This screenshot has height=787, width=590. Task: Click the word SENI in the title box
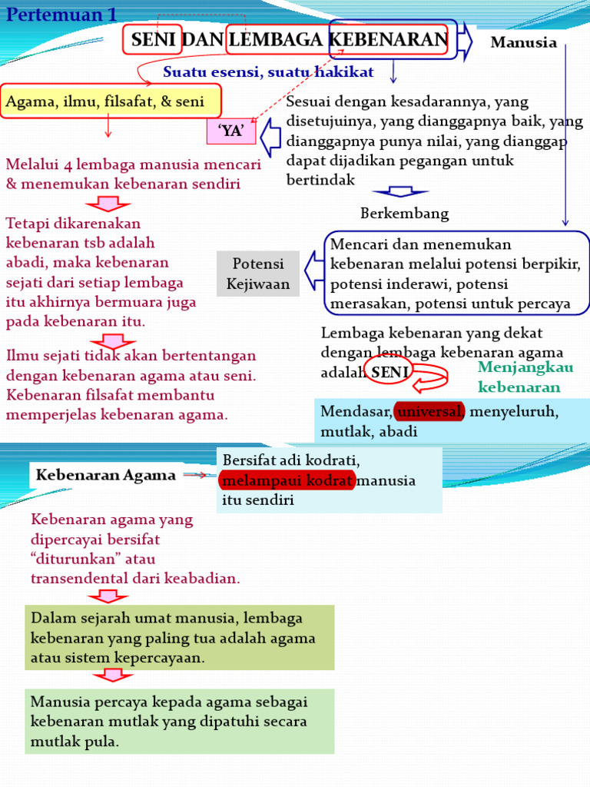[154, 40]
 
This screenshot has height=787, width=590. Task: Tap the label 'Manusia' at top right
[523, 42]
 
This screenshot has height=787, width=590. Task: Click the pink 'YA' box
[230, 131]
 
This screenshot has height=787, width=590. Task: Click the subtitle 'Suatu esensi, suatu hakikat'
[268, 72]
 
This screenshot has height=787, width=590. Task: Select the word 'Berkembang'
[404, 213]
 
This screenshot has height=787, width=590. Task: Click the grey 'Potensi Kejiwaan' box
[258, 274]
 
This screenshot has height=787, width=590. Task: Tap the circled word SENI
[390, 372]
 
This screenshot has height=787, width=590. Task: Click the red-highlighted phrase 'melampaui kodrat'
[287, 480]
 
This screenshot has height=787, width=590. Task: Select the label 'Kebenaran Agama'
[106, 475]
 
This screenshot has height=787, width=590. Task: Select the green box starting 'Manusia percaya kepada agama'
[180, 721]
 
